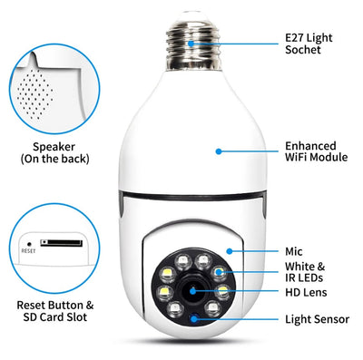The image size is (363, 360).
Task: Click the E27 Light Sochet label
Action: click(x=309, y=44)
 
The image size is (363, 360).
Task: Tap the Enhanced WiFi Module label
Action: click(x=316, y=151)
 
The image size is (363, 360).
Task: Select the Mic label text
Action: click(x=294, y=251)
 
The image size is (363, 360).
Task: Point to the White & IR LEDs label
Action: click(x=305, y=272)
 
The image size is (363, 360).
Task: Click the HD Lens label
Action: click(x=306, y=292)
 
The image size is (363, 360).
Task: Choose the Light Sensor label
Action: click(x=318, y=319)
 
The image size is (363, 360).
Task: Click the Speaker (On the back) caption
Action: click(x=54, y=152)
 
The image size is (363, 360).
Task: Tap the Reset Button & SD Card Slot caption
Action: click(x=55, y=311)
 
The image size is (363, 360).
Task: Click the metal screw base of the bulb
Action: click(x=193, y=43)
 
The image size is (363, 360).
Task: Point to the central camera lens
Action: click(x=193, y=291)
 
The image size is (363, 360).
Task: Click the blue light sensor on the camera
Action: click(x=194, y=318)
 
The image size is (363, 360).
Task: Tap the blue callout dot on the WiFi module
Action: click(x=219, y=151)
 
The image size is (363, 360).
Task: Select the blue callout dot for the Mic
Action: click(x=230, y=251)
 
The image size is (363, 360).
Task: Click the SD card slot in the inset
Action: click(x=62, y=243)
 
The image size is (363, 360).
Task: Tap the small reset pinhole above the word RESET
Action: click(x=29, y=244)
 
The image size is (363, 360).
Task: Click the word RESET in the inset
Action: click(x=28, y=251)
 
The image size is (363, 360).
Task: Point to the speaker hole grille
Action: click(x=35, y=93)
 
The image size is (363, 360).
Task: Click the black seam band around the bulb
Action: click(x=193, y=197)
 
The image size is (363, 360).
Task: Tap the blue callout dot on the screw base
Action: click(x=191, y=44)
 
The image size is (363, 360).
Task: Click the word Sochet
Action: click(x=303, y=50)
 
